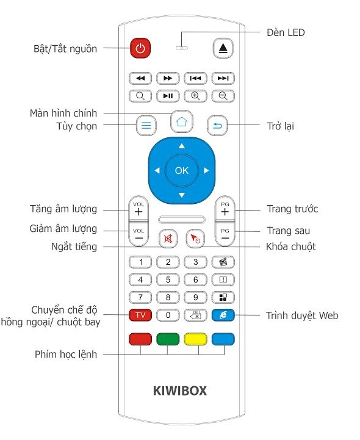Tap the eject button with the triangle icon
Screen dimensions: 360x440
pyautogui.click(x=223, y=48)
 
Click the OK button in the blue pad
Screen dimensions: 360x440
pyautogui.click(x=182, y=170)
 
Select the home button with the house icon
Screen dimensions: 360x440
pyautogui.click(x=182, y=121)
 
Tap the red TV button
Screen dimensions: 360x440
pyautogui.click(x=140, y=315)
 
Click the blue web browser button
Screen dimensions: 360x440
pyautogui.click(x=223, y=315)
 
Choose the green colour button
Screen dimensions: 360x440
pyautogui.click(x=168, y=339)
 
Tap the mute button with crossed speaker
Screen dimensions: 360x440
pyautogui.click(x=168, y=239)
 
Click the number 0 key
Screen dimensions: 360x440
pyautogui.click(x=168, y=315)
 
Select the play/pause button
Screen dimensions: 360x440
pyautogui.click(x=168, y=96)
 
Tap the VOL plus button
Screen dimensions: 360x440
pyautogui.click(x=139, y=208)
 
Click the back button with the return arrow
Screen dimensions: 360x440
pyautogui.click(x=217, y=126)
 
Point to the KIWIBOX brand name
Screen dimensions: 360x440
pyautogui.click(x=180, y=391)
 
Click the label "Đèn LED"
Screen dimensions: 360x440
pyautogui.click(x=286, y=32)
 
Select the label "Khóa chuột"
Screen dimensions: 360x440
pyautogui.click(x=290, y=247)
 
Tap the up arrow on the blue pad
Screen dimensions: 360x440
pyautogui.click(x=182, y=146)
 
